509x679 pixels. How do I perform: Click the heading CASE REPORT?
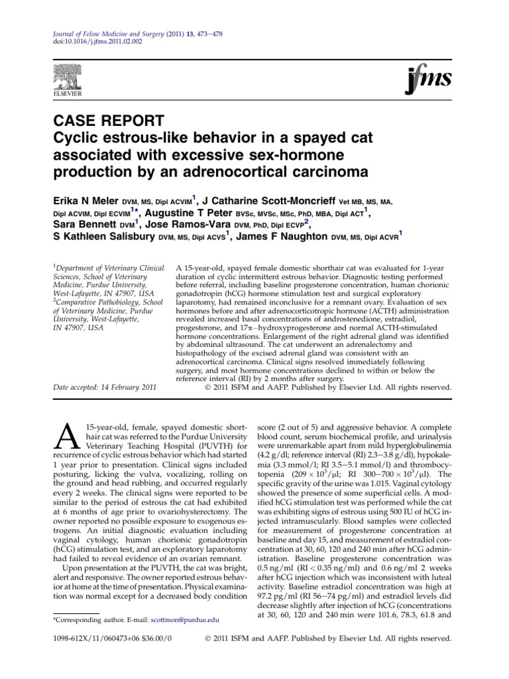coord(107,122)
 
